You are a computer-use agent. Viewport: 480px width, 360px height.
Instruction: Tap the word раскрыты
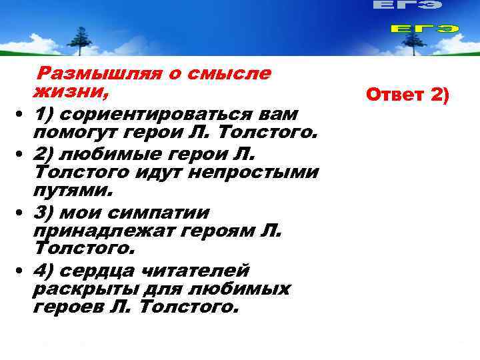click(x=82, y=289)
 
